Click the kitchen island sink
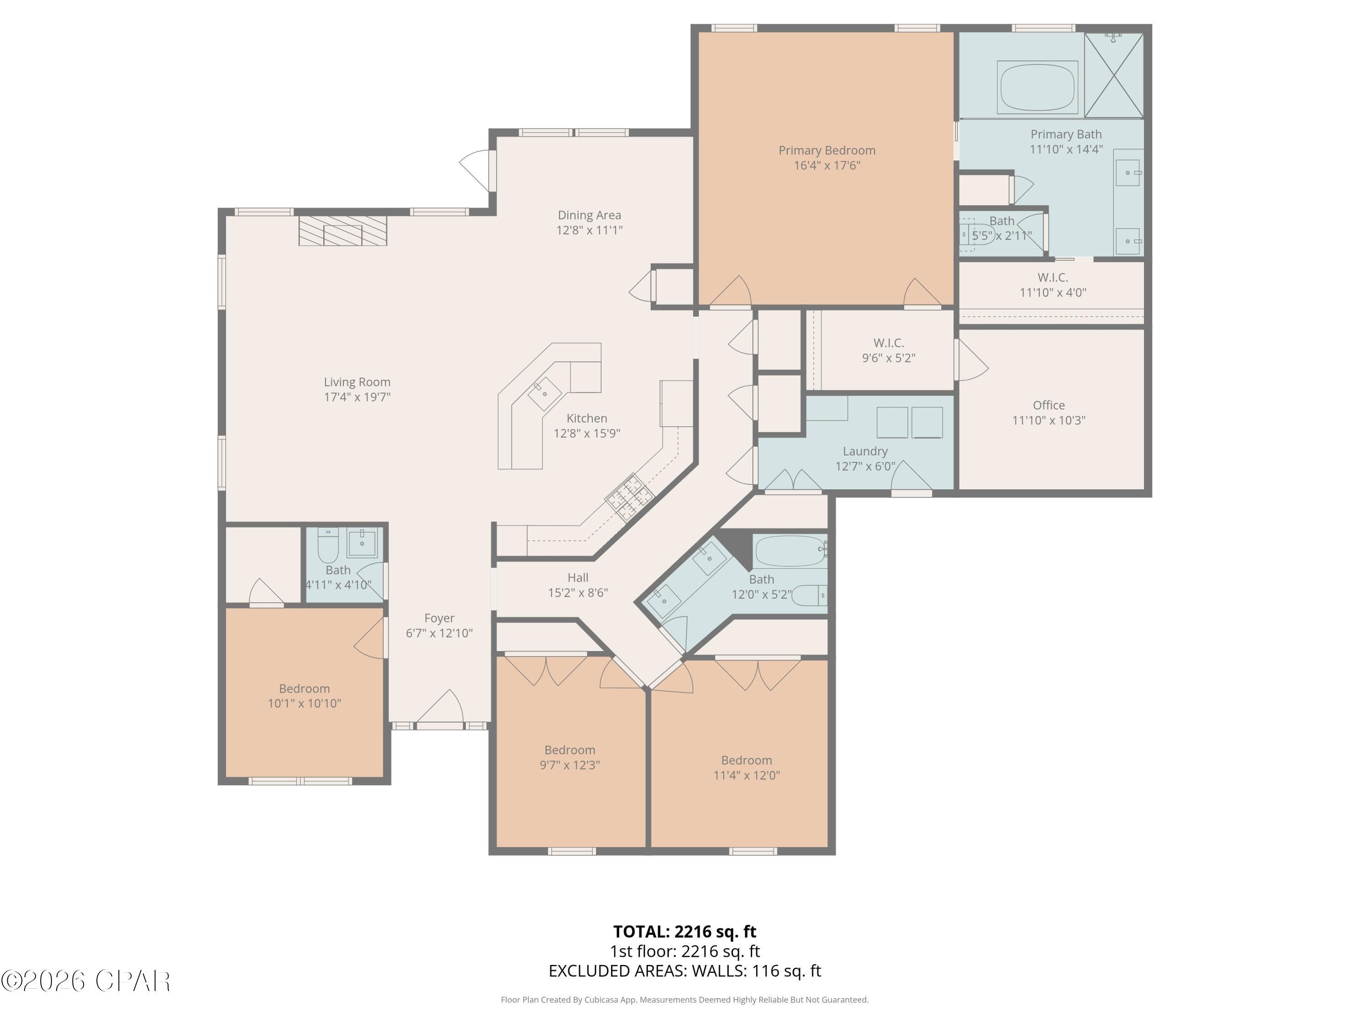(544, 393)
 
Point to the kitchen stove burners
(629, 497)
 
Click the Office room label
(1049, 405)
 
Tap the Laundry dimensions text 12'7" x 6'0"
(865, 466)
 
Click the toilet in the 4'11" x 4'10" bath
(327, 544)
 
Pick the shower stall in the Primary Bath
(1114, 75)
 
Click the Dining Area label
(589, 215)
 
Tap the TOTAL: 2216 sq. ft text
(685, 931)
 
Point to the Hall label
(578, 578)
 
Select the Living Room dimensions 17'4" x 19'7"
(358, 397)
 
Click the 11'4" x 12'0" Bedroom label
(746, 760)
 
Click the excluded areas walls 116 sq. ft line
(685, 971)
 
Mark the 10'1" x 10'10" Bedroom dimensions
(304, 703)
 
